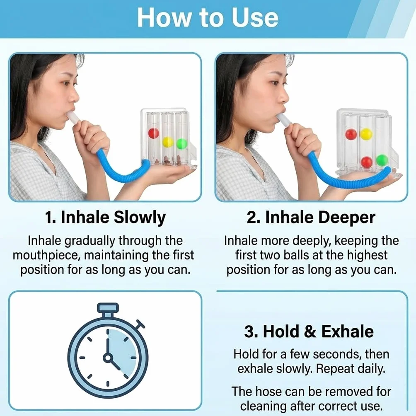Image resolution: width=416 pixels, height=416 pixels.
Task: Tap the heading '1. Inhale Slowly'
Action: click(105, 217)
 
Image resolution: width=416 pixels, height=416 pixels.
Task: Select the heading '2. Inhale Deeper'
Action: click(311, 217)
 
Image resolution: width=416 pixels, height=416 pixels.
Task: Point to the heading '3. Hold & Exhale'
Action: click(309, 331)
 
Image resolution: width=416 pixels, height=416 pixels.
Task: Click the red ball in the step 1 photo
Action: click(154, 133)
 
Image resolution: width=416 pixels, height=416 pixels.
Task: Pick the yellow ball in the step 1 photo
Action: click(168, 142)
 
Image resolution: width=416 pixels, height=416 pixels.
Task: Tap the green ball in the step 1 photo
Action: click(182, 144)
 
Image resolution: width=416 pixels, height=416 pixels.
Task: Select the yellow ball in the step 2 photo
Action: click(366, 134)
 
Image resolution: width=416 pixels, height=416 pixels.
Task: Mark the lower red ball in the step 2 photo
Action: click(367, 162)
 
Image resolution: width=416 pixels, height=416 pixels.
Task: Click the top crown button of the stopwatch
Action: click(107, 308)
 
